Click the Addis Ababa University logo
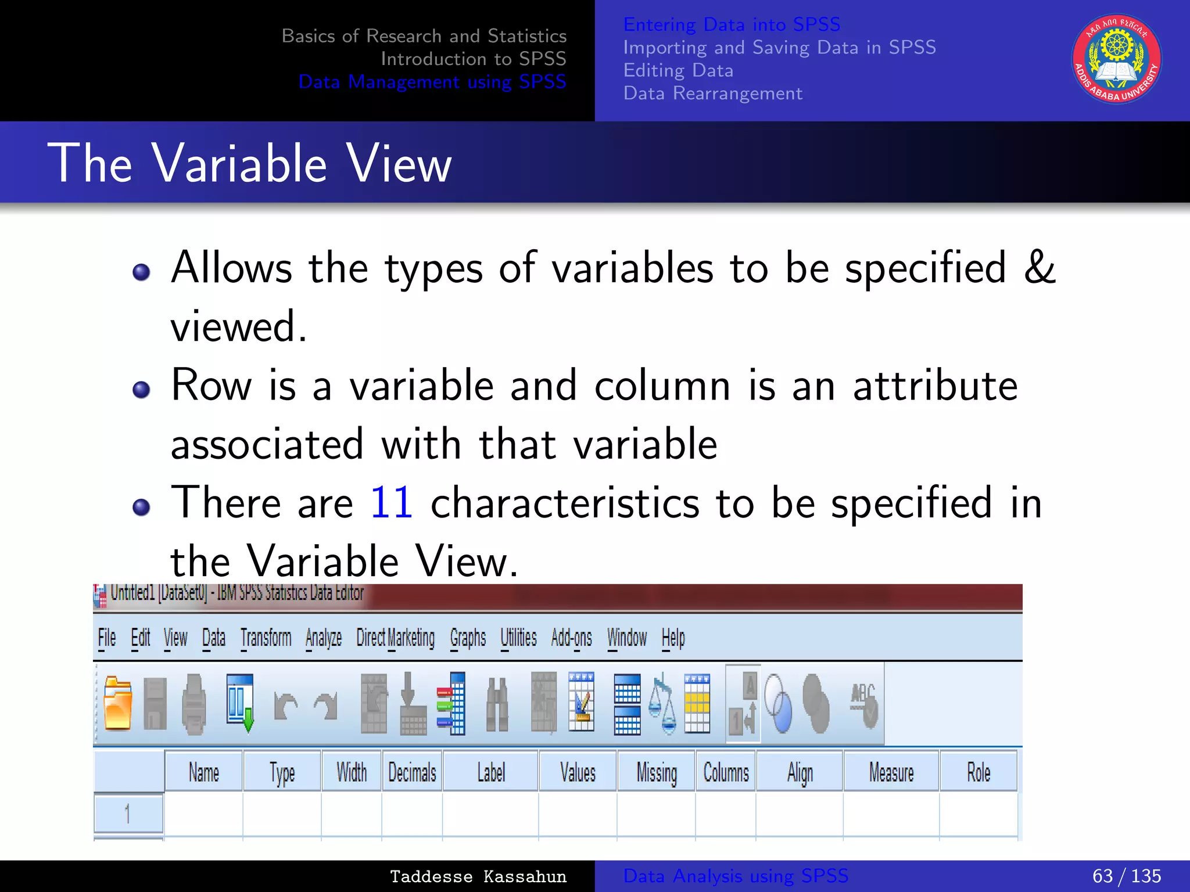coord(1116,59)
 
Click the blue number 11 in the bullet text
coord(391,502)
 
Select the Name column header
coord(203,772)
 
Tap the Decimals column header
coord(412,772)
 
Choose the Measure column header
coord(891,772)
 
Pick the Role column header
coord(978,772)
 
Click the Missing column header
coord(657,772)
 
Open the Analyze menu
coord(324,638)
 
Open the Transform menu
coord(266,638)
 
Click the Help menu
coord(673,638)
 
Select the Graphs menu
coord(468,638)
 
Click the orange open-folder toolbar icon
coord(118,704)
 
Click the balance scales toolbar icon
coord(662,704)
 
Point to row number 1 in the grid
coord(128,813)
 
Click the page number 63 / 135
coord(1126,876)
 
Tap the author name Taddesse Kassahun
coord(478,876)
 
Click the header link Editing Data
coord(678,70)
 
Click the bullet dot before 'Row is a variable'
coord(141,389)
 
